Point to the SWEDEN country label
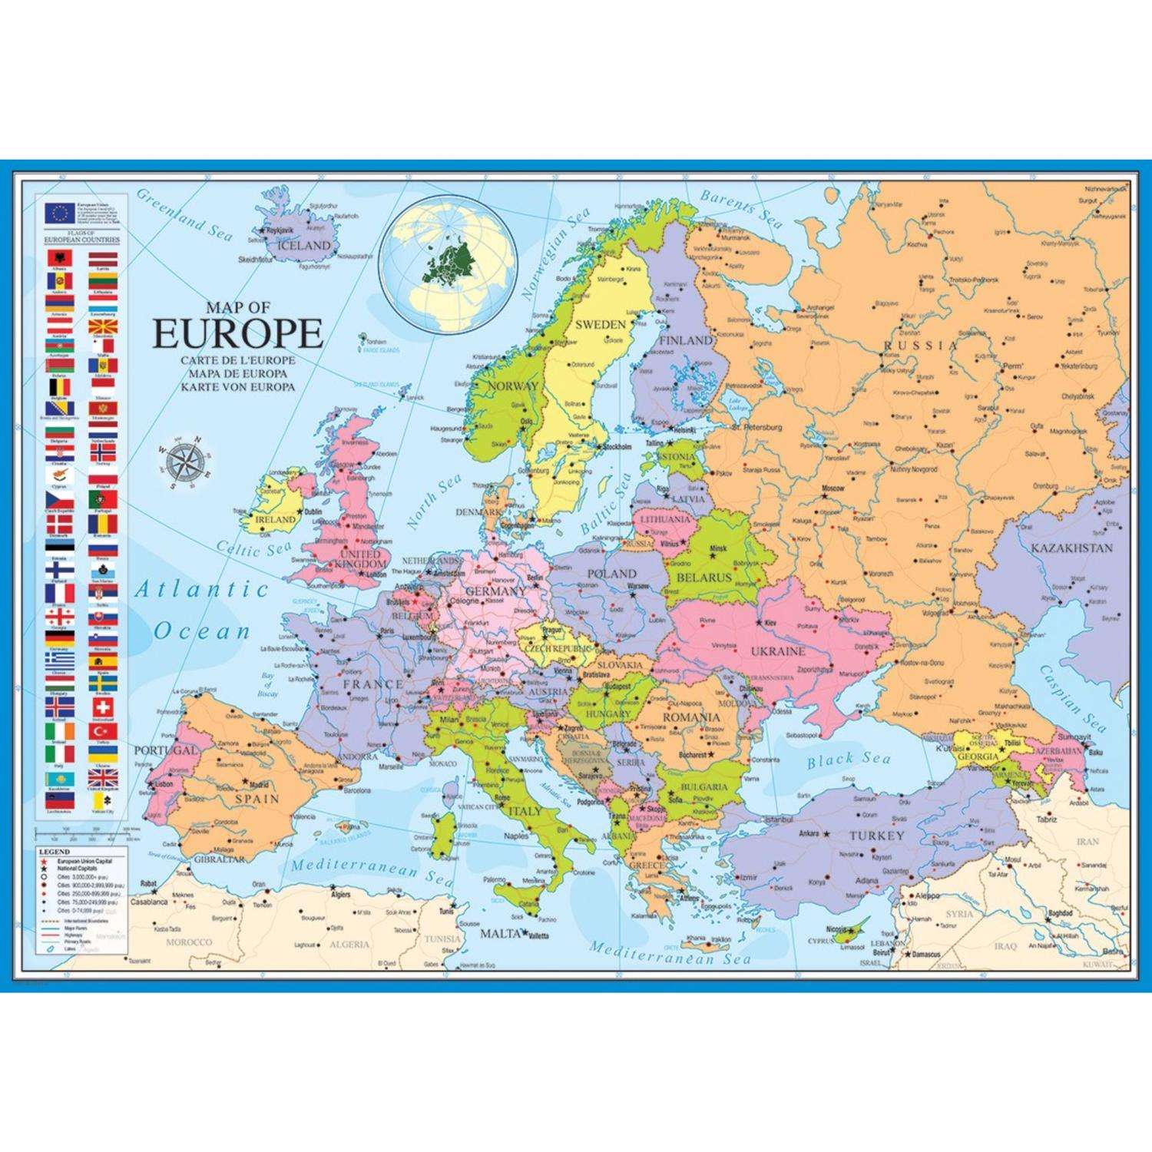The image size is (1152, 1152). click(x=601, y=324)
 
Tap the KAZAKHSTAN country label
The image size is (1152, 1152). click(x=1071, y=548)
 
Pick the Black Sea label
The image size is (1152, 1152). click(x=849, y=760)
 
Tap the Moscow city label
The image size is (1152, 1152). click(x=833, y=488)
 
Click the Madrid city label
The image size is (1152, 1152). click(x=260, y=785)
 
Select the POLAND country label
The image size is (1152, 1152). click(x=611, y=573)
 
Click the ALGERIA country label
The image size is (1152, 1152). click(x=349, y=944)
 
